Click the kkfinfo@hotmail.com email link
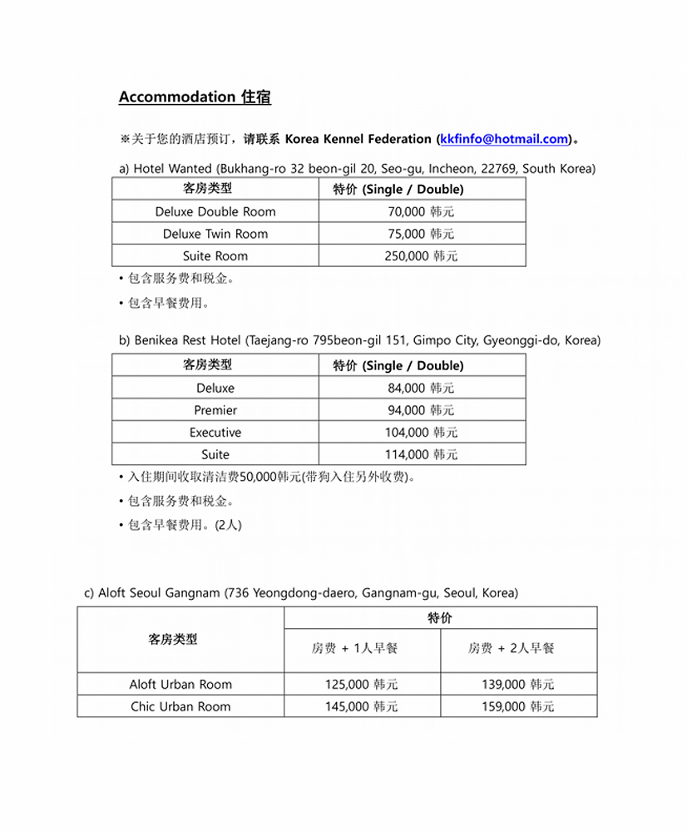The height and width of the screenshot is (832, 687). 504,139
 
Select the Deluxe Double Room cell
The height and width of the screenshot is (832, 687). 215,211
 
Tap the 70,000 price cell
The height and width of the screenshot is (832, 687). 421,211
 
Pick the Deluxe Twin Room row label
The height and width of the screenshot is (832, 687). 215,234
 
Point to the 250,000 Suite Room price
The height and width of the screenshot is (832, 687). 421,256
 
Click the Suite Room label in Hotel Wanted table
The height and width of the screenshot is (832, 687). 215,256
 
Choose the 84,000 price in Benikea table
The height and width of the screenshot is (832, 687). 421,388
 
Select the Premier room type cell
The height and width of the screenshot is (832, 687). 215,410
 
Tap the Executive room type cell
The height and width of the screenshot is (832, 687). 215,433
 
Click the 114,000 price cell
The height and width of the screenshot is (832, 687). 421,454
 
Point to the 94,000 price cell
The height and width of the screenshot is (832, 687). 421,410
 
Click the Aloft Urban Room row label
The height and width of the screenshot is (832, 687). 180,685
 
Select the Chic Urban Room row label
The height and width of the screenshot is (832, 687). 180,706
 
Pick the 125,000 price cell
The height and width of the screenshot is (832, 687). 361,685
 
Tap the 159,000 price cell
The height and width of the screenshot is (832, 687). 517,706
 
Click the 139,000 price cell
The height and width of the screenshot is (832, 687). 517,685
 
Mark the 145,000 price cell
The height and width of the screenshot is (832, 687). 361,706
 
